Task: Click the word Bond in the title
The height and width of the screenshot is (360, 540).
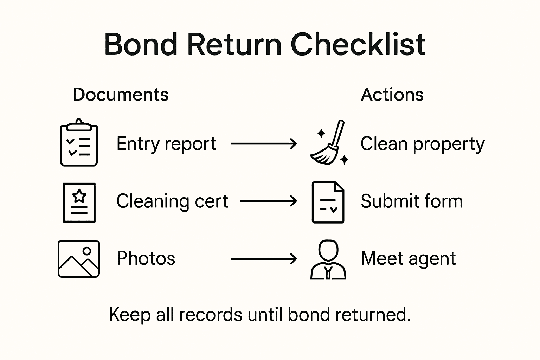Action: tap(141, 44)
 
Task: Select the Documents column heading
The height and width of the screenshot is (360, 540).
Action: tap(121, 95)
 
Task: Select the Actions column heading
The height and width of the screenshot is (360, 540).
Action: tap(392, 95)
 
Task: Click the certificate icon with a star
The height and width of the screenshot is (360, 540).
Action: tap(79, 202)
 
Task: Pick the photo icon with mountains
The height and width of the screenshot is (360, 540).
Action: tap(79, 259)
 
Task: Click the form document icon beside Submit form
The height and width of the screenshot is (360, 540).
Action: tap(328, 202)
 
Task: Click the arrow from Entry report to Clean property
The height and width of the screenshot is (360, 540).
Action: tap(264, 143)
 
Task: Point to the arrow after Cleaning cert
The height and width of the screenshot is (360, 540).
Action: tap(269, 201)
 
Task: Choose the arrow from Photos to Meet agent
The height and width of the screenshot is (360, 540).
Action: tap(264, 259)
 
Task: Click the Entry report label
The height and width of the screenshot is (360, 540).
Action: tap(166, 144)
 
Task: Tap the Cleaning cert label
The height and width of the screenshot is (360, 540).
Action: tap(172, 201)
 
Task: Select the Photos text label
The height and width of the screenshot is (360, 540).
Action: tap(146, 258)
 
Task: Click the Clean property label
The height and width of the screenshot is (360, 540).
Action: tap(423, 144)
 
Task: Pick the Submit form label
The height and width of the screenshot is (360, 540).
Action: tap(412, 201)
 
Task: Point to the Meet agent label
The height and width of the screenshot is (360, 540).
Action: tap(408, 259)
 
